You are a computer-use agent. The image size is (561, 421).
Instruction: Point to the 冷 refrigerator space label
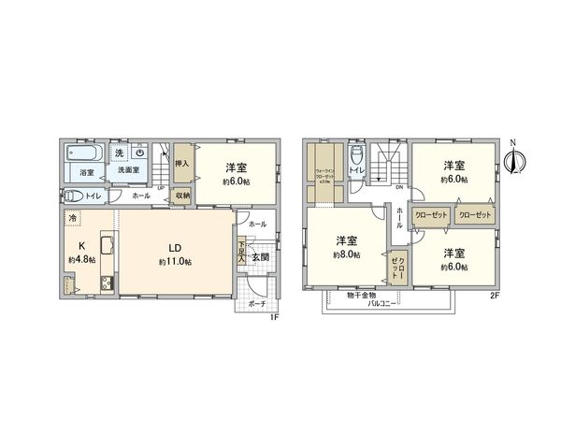73,218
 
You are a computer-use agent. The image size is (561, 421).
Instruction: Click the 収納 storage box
183,196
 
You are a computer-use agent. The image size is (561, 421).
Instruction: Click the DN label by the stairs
398,188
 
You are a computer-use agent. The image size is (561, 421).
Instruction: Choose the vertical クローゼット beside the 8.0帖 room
396,269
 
